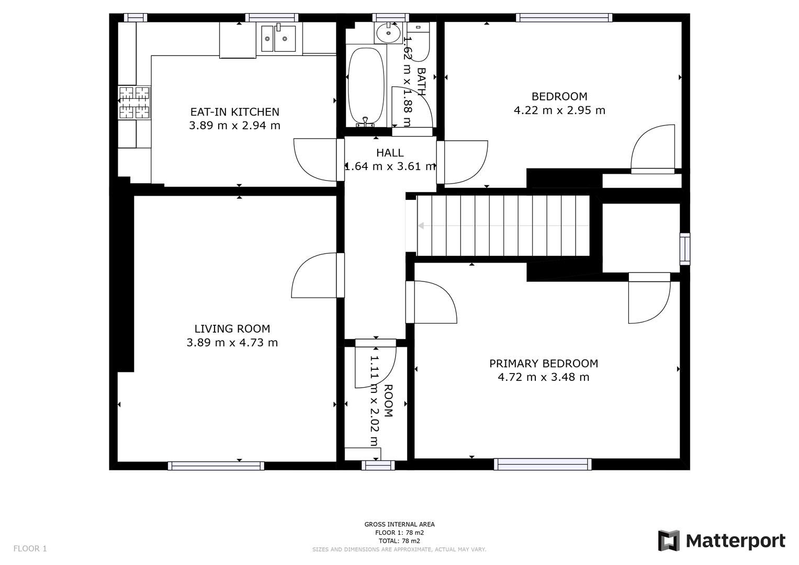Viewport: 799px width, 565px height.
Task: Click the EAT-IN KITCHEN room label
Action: point(234,112)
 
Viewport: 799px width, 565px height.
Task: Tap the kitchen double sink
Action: point(278,39)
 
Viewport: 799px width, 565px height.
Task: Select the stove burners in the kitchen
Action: point(134,103)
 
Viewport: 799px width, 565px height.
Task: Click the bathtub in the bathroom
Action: point(366,86)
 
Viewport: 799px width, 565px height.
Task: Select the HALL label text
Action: point(390,153)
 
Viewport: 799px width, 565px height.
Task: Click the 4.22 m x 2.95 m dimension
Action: point(559,110)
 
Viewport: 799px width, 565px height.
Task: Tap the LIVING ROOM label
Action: point(232,329)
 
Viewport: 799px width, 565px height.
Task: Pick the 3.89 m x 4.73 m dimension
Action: point(232,343)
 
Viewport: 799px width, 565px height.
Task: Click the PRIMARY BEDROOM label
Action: point(544,363)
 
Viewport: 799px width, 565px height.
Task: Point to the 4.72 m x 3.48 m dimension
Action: point(544,377)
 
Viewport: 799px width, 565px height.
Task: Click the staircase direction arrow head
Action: point(421,226)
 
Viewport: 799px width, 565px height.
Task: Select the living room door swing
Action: point(314,276)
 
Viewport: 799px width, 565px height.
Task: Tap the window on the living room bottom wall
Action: point(216,466)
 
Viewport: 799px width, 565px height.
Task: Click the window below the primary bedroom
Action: point(543,464)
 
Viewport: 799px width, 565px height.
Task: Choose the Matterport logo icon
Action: point(668,540)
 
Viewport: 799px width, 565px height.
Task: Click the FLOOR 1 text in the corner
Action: point(30,548)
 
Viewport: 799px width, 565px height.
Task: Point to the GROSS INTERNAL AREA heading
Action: point(399,524)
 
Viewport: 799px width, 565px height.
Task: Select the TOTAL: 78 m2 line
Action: point(399,541)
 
